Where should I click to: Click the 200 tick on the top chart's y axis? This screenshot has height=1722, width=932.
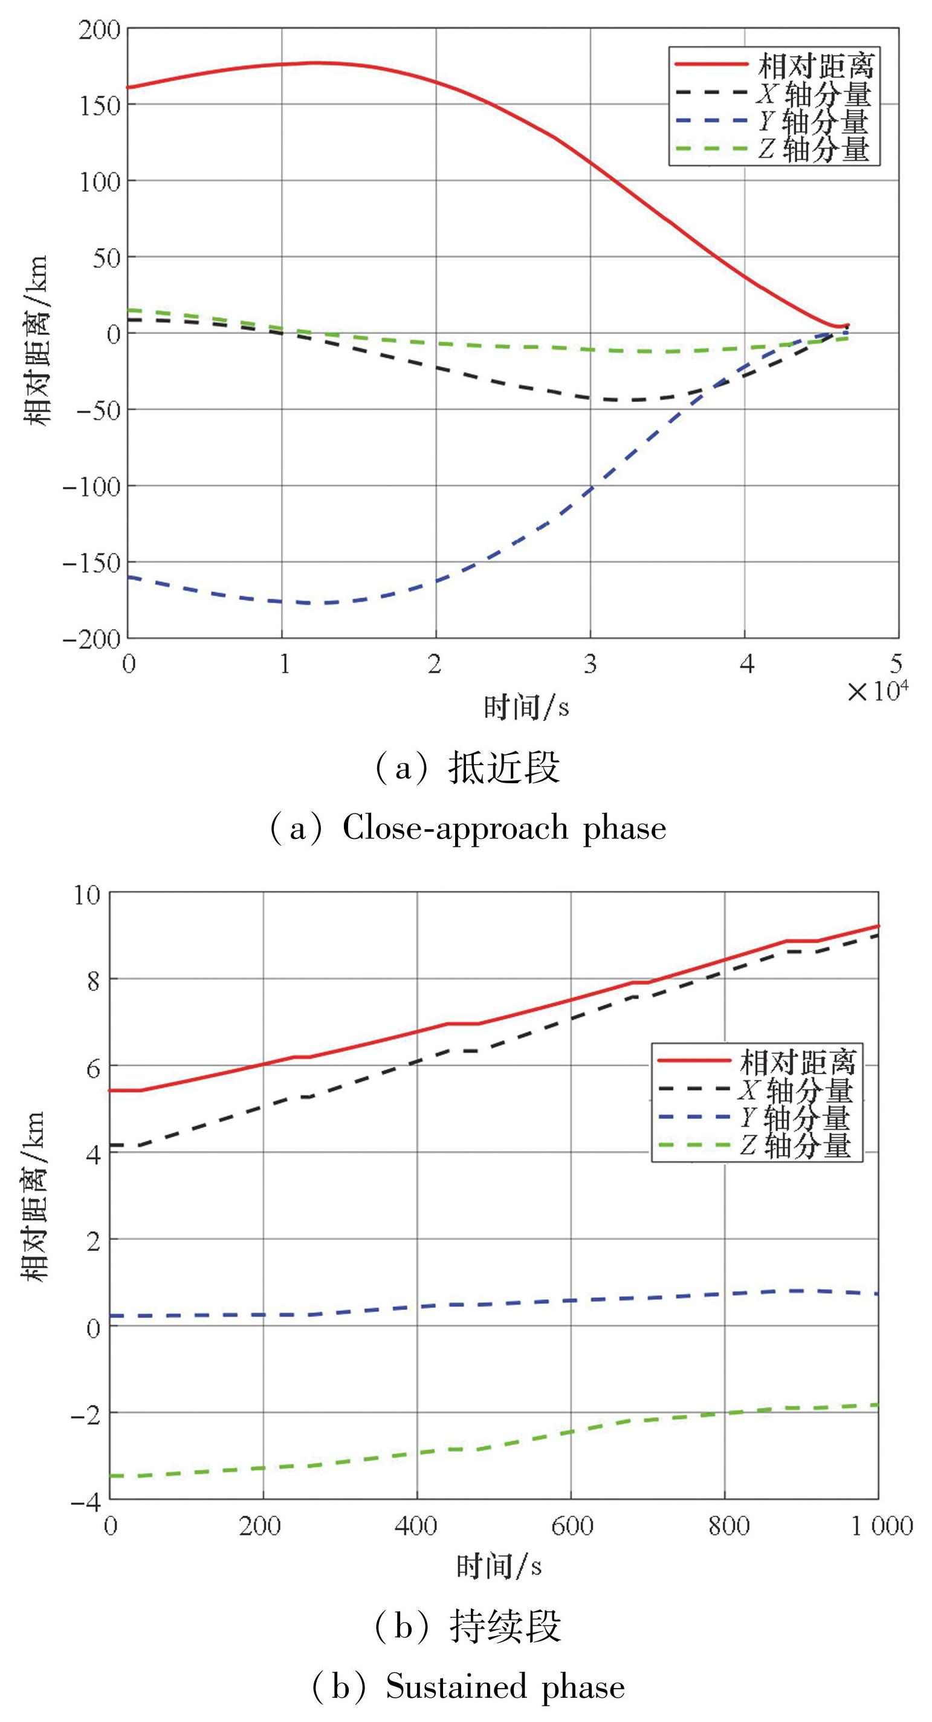(x=99, y=30)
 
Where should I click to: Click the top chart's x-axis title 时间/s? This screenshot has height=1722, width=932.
(x=526, y=706)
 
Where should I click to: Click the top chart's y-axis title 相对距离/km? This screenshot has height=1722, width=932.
(x=37, y=341)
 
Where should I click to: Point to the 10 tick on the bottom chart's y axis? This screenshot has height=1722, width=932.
(x=87, y=895)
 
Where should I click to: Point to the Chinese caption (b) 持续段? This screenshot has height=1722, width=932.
(x=468, y=1626)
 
